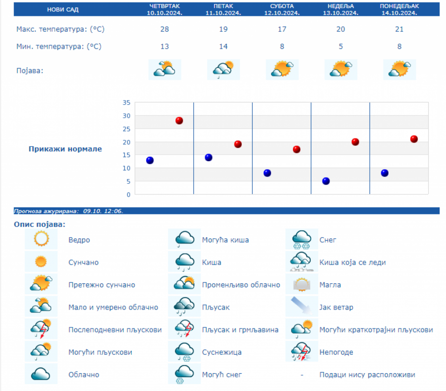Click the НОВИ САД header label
(62, 9)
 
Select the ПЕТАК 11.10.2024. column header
(223, 9)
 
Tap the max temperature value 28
(165, 29)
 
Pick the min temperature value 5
(341, 47)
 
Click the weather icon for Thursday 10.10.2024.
(165, 69)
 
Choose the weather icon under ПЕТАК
(223, 69)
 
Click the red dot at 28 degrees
(179, 121)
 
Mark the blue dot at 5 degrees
(326, 181)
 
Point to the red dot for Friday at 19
(238, 144)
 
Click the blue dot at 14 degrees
(209, 158)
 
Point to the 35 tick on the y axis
(126, 103)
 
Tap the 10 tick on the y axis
(126, 168)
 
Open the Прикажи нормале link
(65, 149)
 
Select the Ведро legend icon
(41, 240)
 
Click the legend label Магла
(330, 285)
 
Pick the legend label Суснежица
(222, 352)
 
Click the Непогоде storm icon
(301, 352)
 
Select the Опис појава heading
(40, 225)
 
